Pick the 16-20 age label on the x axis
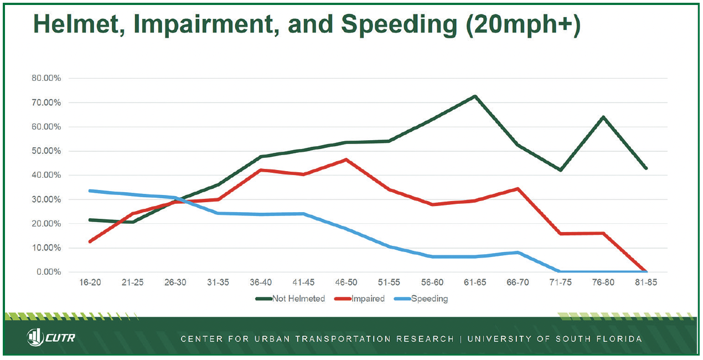pyautogui.click(x=90, y=282)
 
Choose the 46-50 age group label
pyautogui.click(x=347, y=282)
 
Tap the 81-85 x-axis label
pyautogui.click(x=646, y=282)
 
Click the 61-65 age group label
pyautogui.click(x=475, y=282)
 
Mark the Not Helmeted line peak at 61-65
pyautogui.click(x=475, y=96)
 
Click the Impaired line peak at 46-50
pyautogui.click(x=347, y=160)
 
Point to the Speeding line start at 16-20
pyautogui.click(x=90, y=191)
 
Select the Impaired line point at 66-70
pyautogui.click(x=518, y=188)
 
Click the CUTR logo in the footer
pyautogui.click(x=51, y=337)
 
